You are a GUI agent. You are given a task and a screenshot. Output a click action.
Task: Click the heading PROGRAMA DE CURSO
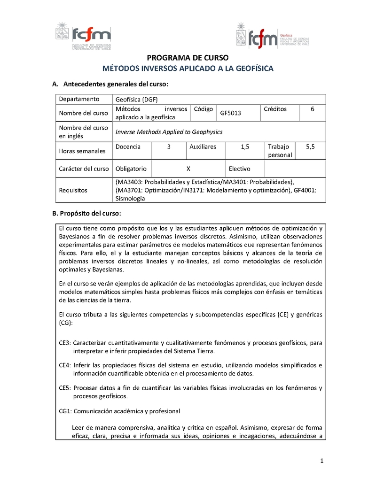click(x=188, y=58)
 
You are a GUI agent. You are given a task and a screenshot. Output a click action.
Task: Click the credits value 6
click(x=313, y=109)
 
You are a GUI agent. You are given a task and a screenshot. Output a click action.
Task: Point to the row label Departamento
click(x=79, y=99)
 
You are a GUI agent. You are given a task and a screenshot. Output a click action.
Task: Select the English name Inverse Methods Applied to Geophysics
click(x=169, y=132)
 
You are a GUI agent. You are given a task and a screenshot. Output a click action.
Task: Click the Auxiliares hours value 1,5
click(x=245, y=147)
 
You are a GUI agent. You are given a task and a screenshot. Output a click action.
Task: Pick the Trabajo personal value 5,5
click(x=310, y=147)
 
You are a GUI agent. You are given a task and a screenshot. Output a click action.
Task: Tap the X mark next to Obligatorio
click(x=188, y=169)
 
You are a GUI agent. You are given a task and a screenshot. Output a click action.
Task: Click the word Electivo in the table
click(x=239, y=169)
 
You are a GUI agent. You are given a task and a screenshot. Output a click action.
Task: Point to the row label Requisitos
click(x=73, y=190)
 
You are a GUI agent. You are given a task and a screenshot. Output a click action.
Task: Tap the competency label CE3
click(x=64, y=343)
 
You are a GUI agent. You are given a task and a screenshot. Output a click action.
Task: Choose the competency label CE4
click(x=64, y=365)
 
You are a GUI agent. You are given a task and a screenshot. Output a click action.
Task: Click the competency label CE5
click(x=64, y=388)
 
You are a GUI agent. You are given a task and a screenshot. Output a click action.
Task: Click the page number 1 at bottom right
click(x=322, y=460)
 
